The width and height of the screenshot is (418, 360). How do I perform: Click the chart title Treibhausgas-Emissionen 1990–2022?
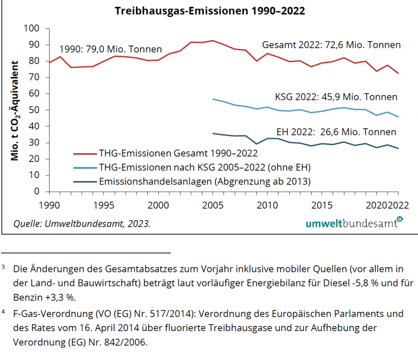(210, 11)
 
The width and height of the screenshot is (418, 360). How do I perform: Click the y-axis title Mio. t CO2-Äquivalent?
(15, 110)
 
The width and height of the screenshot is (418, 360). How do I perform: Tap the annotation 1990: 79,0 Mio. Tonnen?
(110, 48)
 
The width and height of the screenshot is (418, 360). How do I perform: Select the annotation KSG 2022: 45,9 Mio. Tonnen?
(336, 96)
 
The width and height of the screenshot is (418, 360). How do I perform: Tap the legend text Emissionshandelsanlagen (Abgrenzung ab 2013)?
(205, 181)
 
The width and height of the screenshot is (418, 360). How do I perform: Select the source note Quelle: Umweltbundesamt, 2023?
(82, 224)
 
